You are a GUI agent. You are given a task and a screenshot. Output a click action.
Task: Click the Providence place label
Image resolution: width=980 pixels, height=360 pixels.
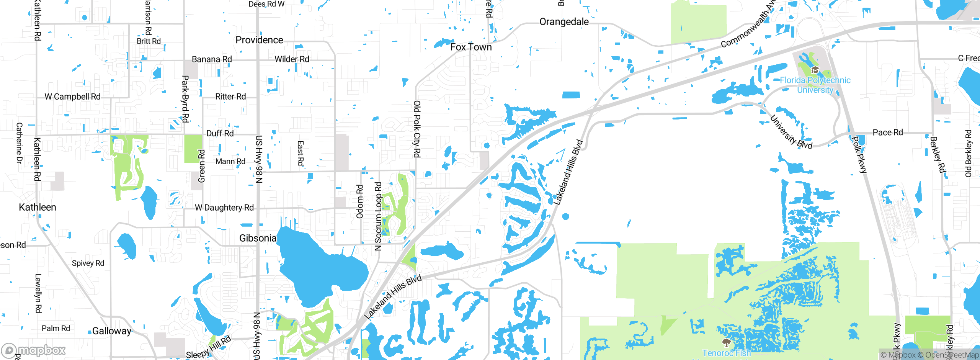coord(259,40)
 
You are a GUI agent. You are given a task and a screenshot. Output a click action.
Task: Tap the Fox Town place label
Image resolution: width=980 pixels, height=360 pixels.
coord(471,47)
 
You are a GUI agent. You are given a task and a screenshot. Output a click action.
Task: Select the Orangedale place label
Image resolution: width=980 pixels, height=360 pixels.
coord(564,22)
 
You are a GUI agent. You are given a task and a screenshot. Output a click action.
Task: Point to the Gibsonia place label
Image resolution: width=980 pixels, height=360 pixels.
coord(258,238)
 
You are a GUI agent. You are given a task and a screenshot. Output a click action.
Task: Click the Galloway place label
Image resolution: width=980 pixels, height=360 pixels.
coord(112,331)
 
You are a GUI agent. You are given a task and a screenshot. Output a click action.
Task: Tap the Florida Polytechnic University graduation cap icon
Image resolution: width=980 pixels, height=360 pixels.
coord(815,70)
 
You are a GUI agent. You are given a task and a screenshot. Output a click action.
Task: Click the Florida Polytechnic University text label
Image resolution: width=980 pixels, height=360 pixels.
coord(815,85)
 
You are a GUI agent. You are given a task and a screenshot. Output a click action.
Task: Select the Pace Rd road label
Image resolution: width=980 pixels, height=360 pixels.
coord(887,133)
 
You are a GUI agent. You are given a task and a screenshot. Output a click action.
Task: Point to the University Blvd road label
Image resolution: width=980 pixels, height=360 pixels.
coord(791,132)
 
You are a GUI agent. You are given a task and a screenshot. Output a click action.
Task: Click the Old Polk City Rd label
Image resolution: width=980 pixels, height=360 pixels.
coord(417,129)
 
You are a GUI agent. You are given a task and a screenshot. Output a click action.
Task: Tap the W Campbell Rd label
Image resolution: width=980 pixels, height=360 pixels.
coord(72,97)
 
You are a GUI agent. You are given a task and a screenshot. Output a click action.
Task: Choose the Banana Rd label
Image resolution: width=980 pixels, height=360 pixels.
coord(212,59)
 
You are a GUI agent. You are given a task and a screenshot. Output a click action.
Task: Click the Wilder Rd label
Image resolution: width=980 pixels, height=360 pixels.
coord(292,59)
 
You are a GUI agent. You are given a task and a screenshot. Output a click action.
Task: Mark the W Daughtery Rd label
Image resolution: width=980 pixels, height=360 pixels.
coord(224,208)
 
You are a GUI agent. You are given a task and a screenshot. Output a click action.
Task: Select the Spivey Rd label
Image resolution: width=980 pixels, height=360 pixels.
coord(88,263)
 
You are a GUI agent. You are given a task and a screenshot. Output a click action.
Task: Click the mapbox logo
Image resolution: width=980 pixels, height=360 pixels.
coord(34,350)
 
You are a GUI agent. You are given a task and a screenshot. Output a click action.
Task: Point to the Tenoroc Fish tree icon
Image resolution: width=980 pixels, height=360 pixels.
coord(726,342)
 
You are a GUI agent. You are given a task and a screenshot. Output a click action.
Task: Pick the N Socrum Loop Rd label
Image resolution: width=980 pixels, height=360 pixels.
coord(378,216)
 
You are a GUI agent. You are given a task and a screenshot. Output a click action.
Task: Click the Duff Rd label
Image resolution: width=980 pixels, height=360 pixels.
coord(220,133)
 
